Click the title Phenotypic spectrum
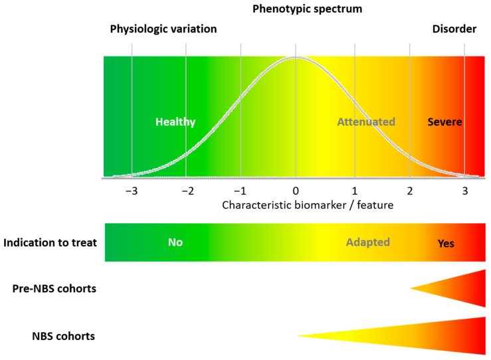[307, 9]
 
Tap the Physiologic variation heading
[163, 29]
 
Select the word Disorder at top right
[454, 29]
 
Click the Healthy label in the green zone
[175, 122]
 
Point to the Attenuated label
[366, 122]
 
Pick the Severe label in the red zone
[444, 122]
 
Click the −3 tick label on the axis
[132, 191]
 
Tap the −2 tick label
[187, 191]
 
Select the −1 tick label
[241, 191]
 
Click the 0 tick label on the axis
[296, 191]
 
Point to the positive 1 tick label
[355, 191]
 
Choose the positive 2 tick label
[409, 191]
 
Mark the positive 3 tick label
[465, 191]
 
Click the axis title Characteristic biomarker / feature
[308, 205]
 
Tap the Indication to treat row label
[50, 242]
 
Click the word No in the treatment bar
[175, 242]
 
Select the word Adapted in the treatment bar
[368, 242]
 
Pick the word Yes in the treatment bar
[446, 243]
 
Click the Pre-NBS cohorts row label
[54, 288]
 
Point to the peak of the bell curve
[296, 57]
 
